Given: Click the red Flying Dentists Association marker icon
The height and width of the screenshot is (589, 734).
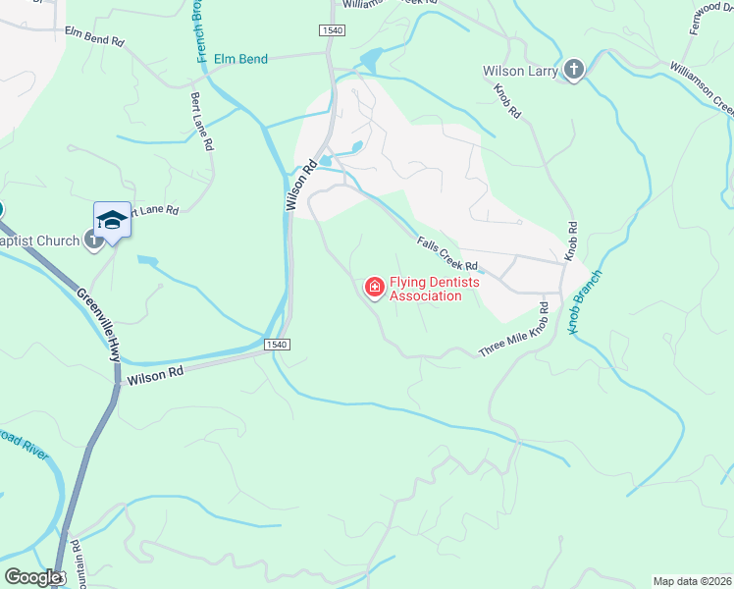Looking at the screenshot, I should pos(374,288).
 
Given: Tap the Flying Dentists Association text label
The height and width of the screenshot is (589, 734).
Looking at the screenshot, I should pos(425,289).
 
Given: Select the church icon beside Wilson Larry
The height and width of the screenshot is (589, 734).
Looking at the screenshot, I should pos(573,70).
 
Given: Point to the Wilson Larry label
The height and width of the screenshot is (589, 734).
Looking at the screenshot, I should pos(520,71).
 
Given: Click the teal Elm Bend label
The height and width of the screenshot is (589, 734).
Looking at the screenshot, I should pos(240,60).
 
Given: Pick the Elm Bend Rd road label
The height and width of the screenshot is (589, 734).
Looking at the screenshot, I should pos(94,37).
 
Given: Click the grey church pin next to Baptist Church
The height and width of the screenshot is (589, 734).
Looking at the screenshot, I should pos(93,239).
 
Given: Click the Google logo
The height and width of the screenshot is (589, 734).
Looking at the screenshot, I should pos(33,577).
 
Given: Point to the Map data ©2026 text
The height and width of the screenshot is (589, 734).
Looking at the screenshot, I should pos(692,581).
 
